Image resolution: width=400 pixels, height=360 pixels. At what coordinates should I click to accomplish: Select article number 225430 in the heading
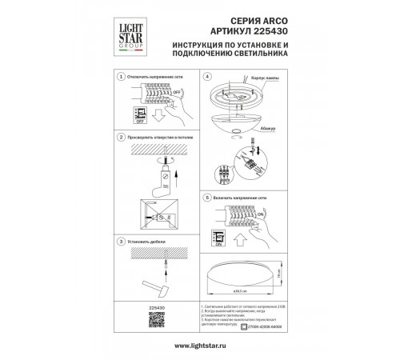point(247,25)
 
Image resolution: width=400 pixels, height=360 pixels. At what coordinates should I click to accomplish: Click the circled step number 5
point(206,196)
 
